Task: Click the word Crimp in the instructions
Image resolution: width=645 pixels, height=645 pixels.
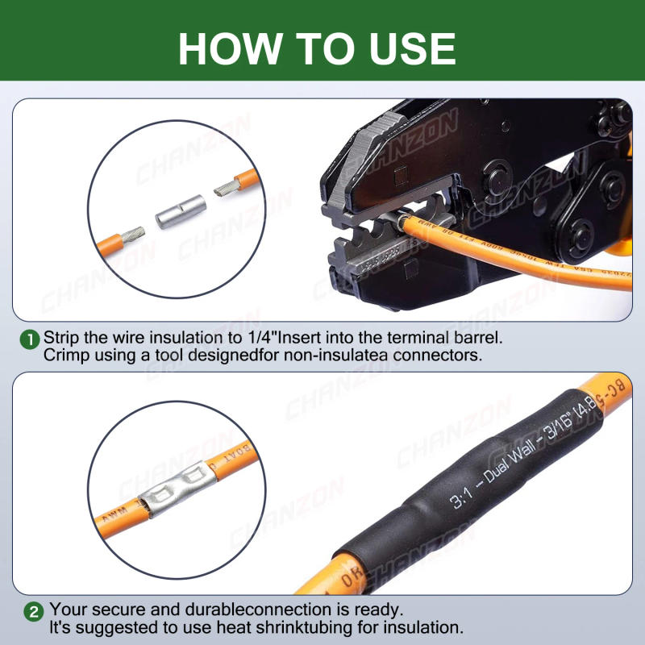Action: [65, 355]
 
